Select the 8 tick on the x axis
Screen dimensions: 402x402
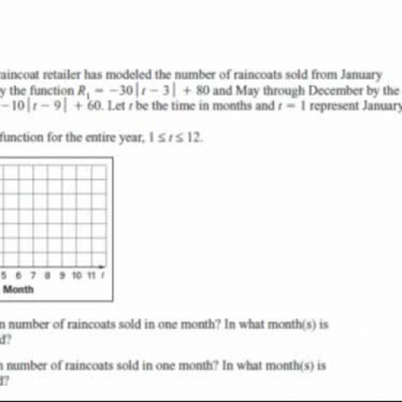[x=50, y=275]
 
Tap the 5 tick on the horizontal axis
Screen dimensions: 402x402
[x=6, y=275]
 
